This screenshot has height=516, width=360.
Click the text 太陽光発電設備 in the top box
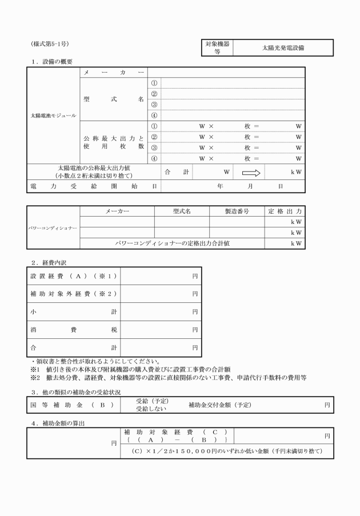283,48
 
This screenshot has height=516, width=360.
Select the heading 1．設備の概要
52,61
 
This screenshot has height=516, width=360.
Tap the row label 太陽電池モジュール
53,115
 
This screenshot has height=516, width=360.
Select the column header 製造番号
237,211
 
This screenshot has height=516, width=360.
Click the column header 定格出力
285,211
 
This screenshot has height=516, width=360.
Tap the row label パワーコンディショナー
53,227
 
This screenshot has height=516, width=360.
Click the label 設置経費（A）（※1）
73,277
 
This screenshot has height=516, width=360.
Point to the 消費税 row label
73,330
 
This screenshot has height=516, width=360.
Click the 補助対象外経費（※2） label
73,294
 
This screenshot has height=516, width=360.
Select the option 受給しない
148,410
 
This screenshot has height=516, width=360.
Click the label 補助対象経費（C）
175,433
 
